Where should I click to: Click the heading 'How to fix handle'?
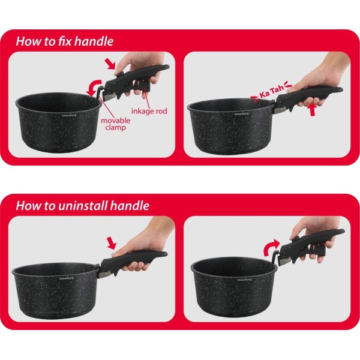[x=65, y=41]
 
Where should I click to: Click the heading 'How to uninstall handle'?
[x=83, y=205]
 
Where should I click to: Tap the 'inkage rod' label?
[x=149, y=111]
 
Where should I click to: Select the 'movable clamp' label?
[x=115, y=124]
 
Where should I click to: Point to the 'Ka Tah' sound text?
[x=272, y=92]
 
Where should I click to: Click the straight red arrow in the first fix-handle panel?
[x=110, y=64]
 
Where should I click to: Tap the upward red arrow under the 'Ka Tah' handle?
[x=312, y=110]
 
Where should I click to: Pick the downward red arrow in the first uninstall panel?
[x=112, y=243]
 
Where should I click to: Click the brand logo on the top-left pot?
[x=69, y=115]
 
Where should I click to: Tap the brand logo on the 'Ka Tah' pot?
[x=242, y=113]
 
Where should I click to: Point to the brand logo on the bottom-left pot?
[x=67, y=278]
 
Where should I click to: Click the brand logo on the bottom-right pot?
[x=244, y=280]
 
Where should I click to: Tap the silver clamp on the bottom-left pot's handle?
[x=105, y=275]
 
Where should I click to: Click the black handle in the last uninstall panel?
[x=311, y=245]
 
